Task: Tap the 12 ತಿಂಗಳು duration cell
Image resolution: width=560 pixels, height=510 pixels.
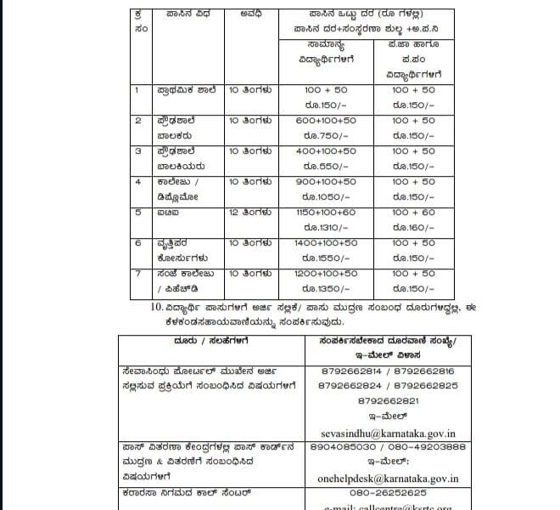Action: [250, 212]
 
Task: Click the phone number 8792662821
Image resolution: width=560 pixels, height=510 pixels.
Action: [389, 399]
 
